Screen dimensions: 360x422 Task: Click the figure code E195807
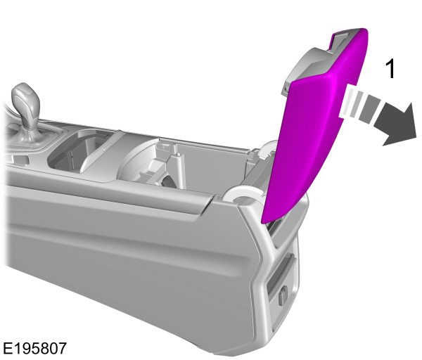click(35, 348)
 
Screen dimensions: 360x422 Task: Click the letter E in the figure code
click(7, 348)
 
